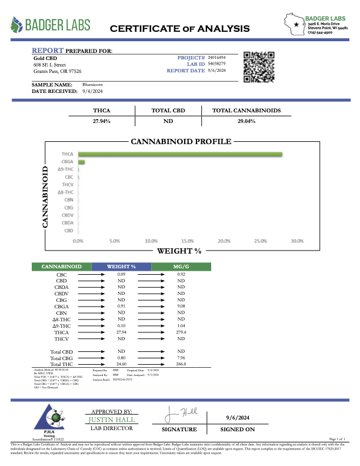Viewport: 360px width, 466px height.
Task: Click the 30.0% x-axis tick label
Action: pos(296,241)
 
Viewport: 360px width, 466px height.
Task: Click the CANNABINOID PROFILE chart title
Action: pos(181,142)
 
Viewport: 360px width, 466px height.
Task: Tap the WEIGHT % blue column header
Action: pos(121,267)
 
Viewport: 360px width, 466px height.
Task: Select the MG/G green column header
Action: pos(181,267)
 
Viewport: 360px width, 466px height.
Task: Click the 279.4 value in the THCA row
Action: pos(181,332)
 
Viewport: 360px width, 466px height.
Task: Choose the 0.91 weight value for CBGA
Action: pos(121,306)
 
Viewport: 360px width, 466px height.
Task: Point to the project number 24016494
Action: pos(217,57)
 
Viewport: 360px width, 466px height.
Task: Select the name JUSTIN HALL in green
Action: pos(112,420)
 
